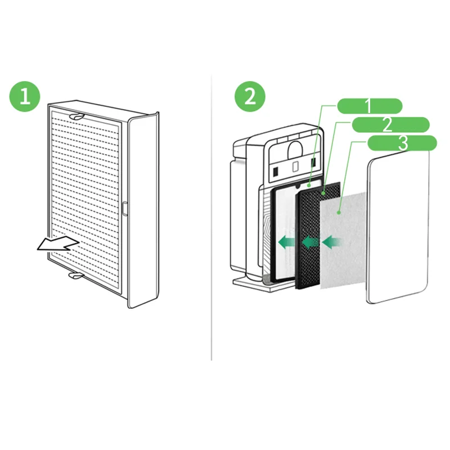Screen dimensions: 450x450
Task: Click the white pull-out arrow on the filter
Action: tap(56, 244)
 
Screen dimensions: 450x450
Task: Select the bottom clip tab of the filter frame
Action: tap(74, 276)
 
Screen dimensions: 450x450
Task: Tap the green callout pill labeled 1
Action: tap(369, 105)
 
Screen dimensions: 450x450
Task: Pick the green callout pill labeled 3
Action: tap(402, 143)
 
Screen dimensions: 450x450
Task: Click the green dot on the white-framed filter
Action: tap(309, 184)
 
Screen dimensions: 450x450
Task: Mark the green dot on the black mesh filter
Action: tap(324, 193)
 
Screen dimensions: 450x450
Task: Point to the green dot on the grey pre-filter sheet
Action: tap(339, 212)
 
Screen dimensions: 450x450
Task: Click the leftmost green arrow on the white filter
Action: tap(287, 242)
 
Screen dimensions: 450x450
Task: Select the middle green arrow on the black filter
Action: tap(310, 242)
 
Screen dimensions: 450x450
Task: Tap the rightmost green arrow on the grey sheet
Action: tap(333, 242)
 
